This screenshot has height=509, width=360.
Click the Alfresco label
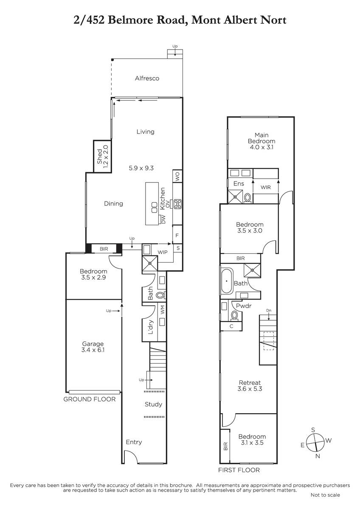point(147,78)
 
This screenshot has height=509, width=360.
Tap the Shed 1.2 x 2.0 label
point(102,157)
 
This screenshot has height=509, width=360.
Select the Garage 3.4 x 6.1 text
point(93,347)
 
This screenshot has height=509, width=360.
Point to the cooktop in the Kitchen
point(177,204)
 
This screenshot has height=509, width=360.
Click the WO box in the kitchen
point(177,176)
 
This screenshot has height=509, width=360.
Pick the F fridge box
point(177,235)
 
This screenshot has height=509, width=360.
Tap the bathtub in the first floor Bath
point(227,281)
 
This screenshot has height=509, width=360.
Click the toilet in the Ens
point(247,198)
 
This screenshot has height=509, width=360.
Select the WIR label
point(266,187)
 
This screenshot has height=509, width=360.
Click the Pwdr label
point(244,306)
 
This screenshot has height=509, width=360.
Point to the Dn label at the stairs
point(269,310)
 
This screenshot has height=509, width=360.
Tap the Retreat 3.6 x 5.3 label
point(250,386)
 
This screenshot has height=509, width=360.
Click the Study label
point(154,404)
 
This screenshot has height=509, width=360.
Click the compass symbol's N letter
point(318,456)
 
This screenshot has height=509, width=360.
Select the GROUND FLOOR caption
point(90,399)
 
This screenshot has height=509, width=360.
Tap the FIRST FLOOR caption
point(239,470)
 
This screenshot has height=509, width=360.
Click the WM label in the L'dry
point(162,310)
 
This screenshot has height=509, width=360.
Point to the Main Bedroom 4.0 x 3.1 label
point(262,141)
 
